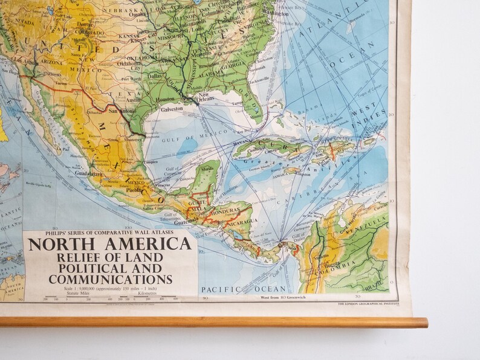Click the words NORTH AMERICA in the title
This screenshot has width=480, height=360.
pyautogui.click(x=109, y=244)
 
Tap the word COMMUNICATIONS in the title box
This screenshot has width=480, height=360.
pyautogui.click(x=110, y=278)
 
